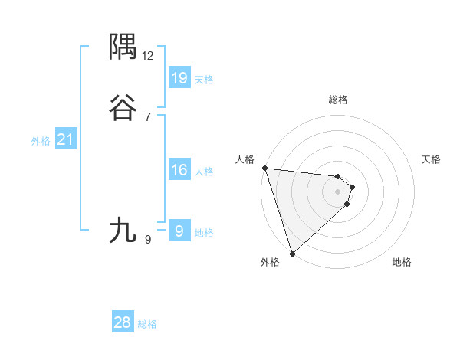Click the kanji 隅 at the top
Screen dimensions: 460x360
click(123, 47)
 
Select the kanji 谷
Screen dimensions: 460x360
click(123, 108)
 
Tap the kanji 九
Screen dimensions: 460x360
click(123, 229)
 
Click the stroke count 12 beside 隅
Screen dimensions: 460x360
click(148, 56)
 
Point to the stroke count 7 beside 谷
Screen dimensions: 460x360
click(148, 116)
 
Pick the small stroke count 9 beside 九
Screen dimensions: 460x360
click(148, 240)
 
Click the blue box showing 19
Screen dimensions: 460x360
click(179, 77)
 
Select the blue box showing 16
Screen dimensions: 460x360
click(179, 170)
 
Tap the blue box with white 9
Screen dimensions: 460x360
click(179, 231)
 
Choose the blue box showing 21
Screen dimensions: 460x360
click(65, 139)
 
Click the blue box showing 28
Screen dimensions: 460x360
click(123, 322)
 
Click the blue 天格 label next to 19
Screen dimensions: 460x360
click(204, 79)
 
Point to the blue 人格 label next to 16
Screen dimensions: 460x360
click(204, 172)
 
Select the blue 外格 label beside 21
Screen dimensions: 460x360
click(41, 141)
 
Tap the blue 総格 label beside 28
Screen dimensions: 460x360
click(147, 324)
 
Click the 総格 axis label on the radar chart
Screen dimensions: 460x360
click(338, 100)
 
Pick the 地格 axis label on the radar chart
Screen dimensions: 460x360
click(402, 262)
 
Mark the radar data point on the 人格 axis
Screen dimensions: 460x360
click(264, 168)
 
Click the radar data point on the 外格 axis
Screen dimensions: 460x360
click(292, 253)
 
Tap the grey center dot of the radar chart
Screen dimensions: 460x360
click(338, 191)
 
